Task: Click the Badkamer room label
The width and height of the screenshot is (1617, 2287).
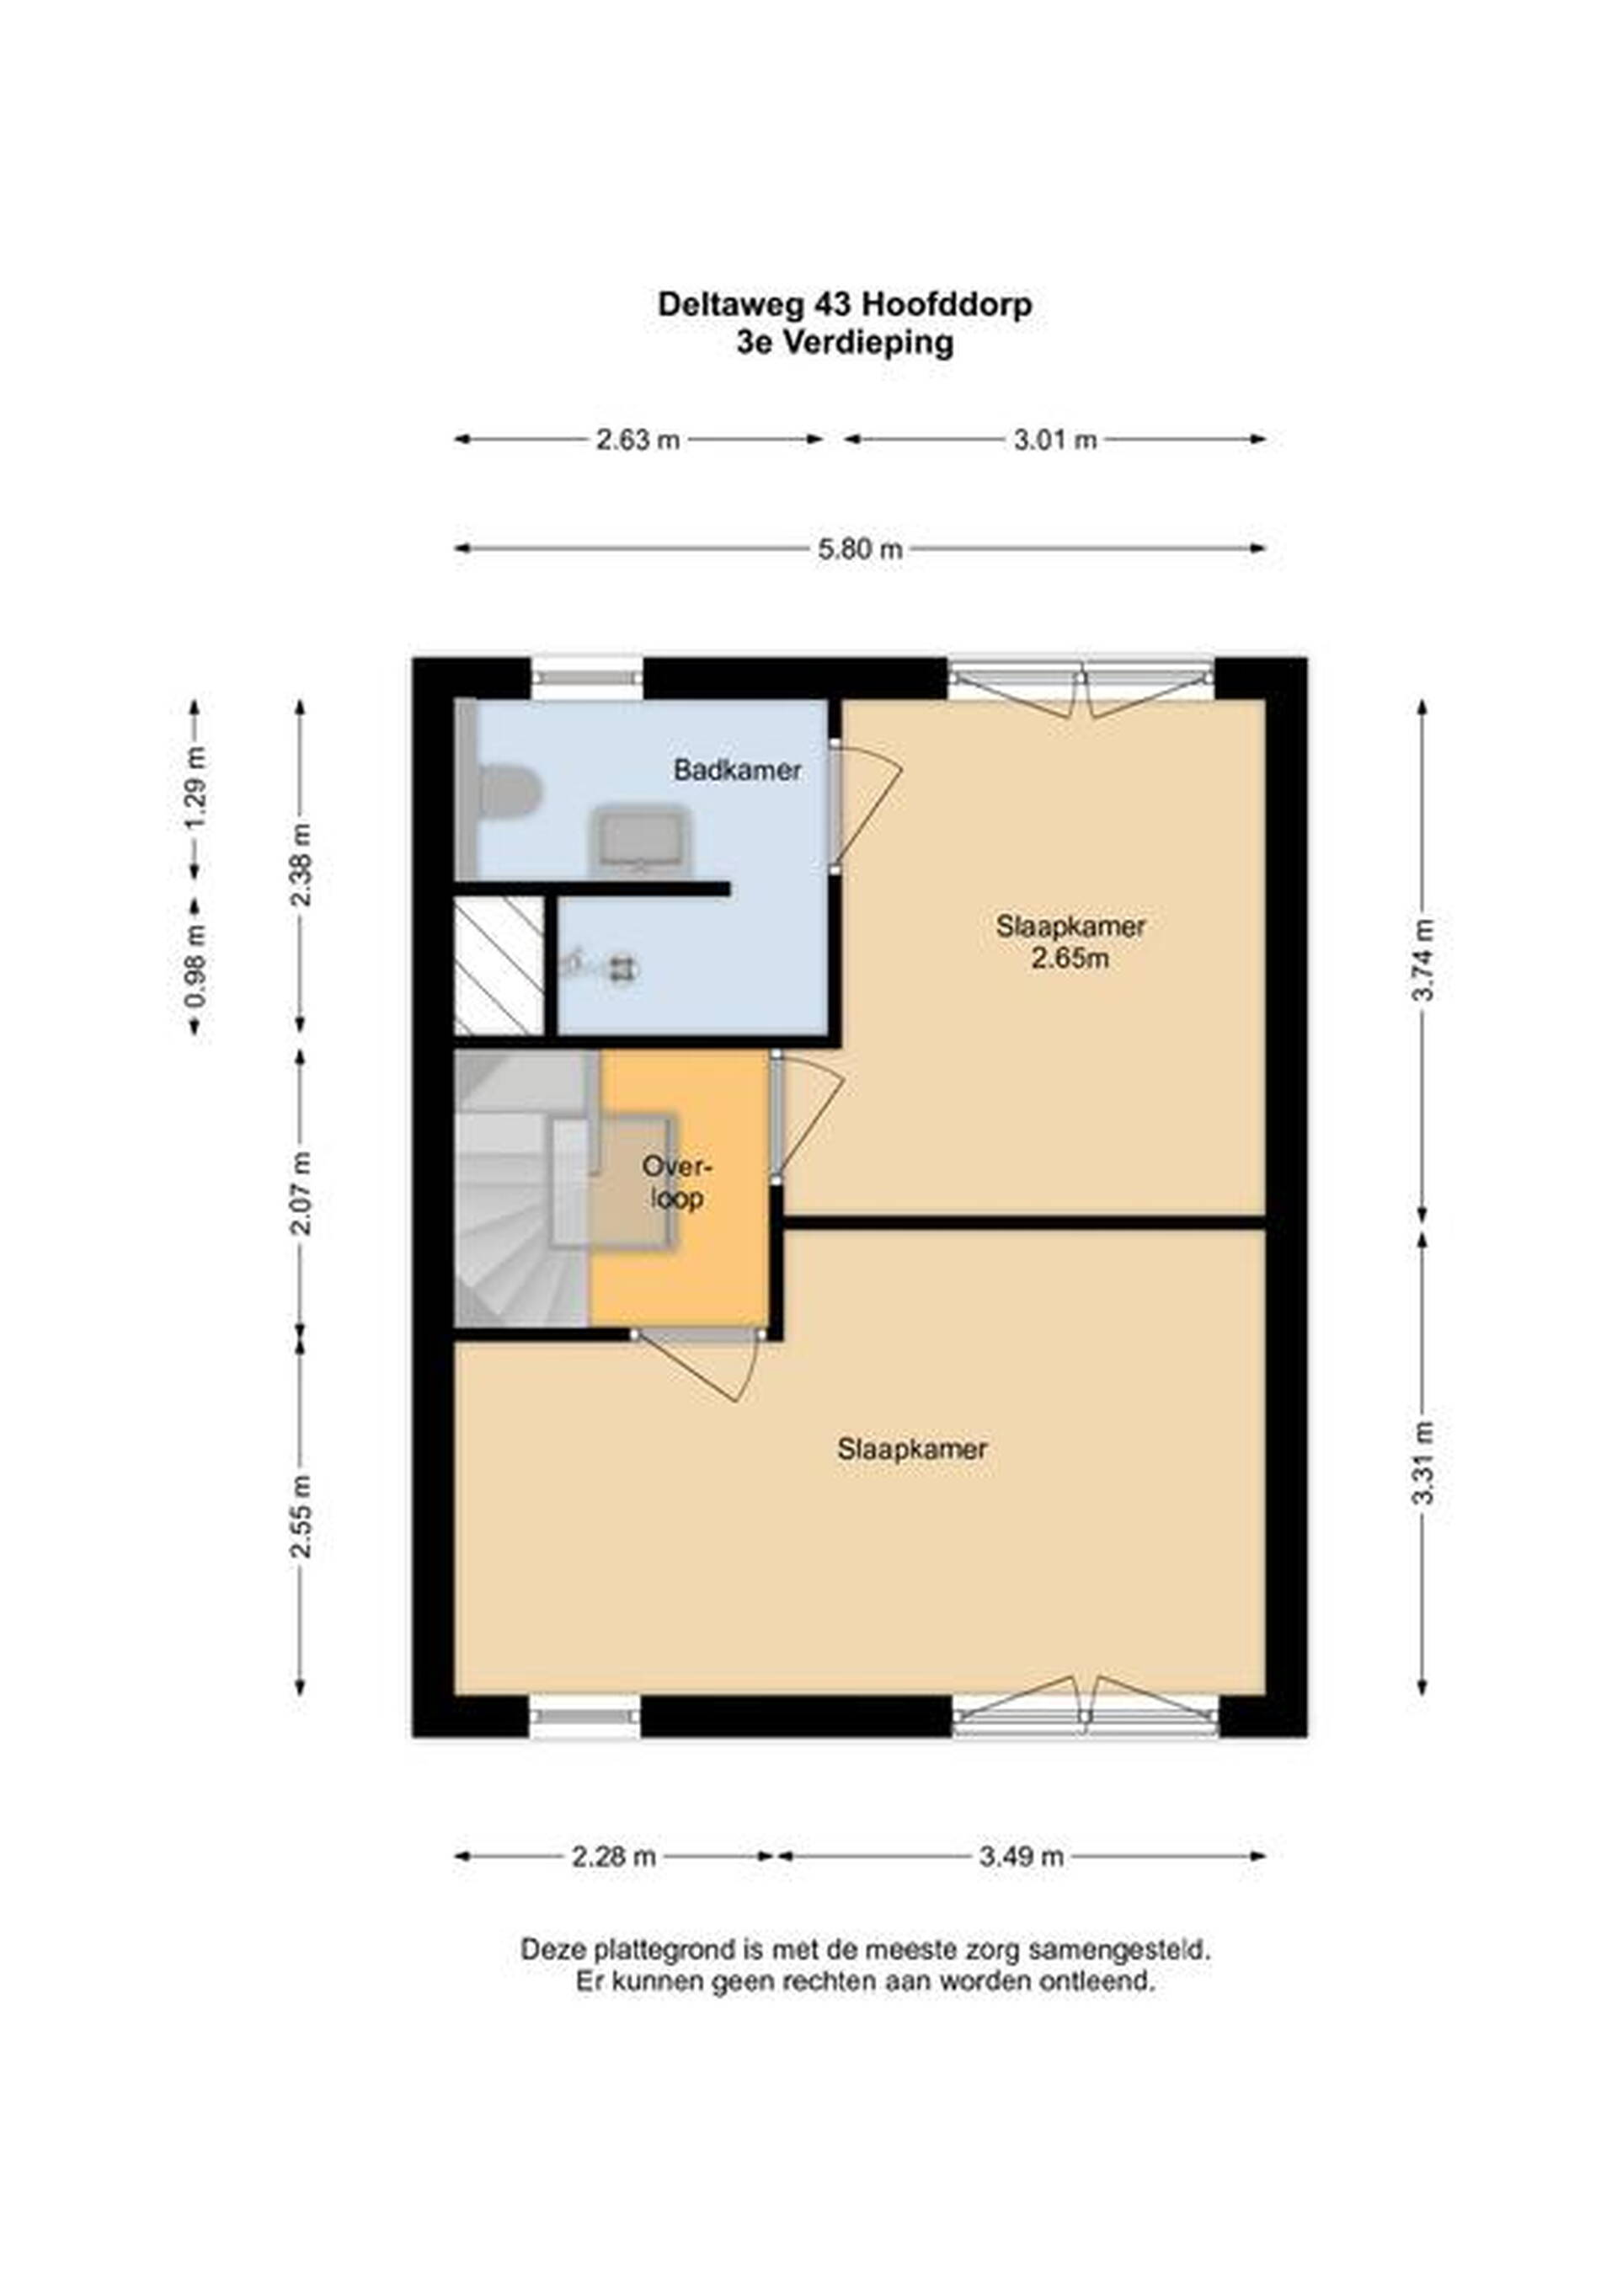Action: [737, 770]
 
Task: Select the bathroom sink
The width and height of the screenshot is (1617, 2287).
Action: [640, 840]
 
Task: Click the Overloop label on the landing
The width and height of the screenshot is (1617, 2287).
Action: [677, 1183]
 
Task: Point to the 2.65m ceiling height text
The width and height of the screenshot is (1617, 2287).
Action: [1070, 960]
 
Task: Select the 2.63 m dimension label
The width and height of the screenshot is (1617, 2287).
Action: [638, 439]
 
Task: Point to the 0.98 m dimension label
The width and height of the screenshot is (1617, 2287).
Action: [196, 964]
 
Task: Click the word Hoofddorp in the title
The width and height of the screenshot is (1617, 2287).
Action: [945, 305]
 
